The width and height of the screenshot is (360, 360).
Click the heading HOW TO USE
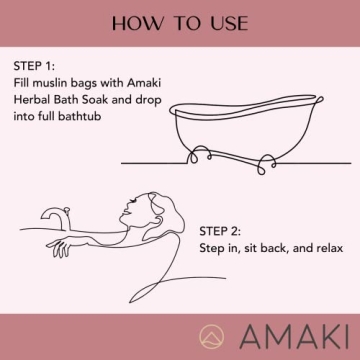point(180,22)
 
